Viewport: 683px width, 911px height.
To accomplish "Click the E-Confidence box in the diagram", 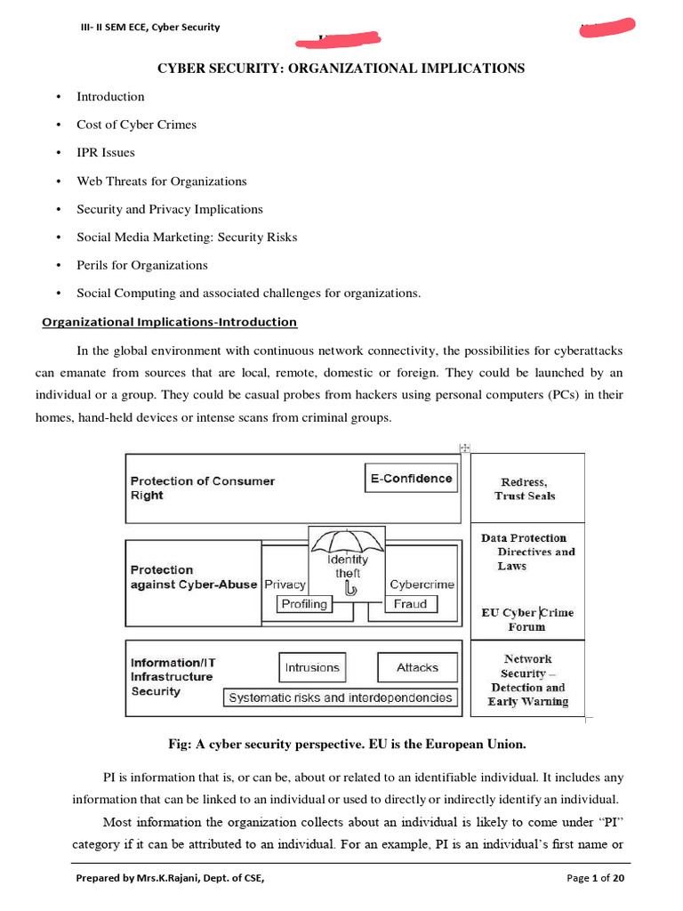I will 411,479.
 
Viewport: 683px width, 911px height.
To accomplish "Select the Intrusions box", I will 311,667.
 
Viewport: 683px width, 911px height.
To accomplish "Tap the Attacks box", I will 417,667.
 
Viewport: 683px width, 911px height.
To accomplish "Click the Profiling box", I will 303,604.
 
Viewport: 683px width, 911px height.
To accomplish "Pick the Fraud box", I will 411,604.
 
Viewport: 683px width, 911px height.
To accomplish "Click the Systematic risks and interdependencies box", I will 341,697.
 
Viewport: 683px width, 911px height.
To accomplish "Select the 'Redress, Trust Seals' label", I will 525,488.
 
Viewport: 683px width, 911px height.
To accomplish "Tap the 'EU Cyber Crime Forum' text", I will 527,619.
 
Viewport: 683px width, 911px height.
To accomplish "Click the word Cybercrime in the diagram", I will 422,584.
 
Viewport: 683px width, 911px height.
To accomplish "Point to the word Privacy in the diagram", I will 285,584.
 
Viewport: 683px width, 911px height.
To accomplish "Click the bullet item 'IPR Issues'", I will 106,153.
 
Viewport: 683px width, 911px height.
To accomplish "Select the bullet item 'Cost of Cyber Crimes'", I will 136,125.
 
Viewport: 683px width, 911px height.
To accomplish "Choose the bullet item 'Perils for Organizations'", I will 142,265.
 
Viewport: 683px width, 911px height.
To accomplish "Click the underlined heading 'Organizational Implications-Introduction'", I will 170,322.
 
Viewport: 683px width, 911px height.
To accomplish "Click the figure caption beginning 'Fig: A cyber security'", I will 341,743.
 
